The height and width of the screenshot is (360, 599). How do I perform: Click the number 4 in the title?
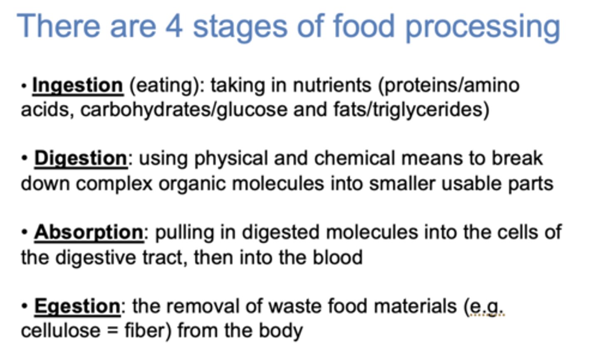tap(173, 26)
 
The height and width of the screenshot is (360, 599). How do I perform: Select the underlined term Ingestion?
tap(78, 86)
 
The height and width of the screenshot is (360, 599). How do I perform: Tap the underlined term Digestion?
tap(81, 158)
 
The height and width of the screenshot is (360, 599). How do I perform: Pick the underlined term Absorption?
tap(89, 232)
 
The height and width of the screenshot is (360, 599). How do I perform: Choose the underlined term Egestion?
tap(77, 306)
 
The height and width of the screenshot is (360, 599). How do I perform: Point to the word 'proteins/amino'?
tap(448, 86)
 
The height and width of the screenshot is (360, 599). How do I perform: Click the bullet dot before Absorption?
tap(25, 232)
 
